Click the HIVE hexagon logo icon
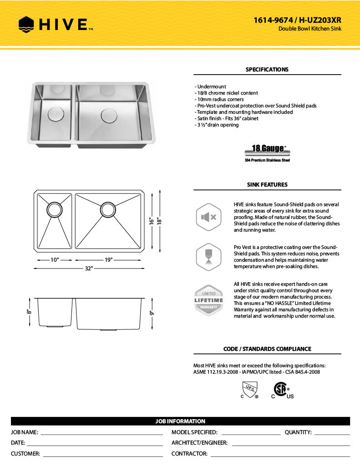point(26,24)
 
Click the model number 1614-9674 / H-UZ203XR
point(297,20)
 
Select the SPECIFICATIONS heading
point(267,70)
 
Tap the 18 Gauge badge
point(267,150)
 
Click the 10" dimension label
point(55,260)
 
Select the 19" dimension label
point(108,260)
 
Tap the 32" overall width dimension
point(88,268)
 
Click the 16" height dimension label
point(152,221)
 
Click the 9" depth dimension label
point(152,313)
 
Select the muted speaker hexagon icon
point(208,218)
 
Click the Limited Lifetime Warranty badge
point(208,300)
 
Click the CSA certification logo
point(281,390)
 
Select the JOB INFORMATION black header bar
point(180,421)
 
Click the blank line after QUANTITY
point(332,433)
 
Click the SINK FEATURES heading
point(267,185)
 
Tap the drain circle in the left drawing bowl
point(54,209)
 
